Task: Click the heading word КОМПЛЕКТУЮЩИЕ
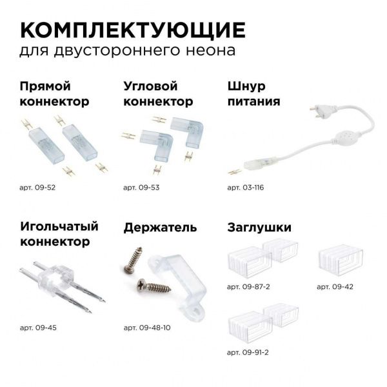(133, 30)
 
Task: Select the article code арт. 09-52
(38, 187)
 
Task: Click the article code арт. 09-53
(141, 187)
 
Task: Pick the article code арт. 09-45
(38, 327)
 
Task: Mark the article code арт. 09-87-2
(249, 285)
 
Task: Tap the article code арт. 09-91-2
(249, 353)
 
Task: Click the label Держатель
(160, 228)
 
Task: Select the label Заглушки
(259, 228)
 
